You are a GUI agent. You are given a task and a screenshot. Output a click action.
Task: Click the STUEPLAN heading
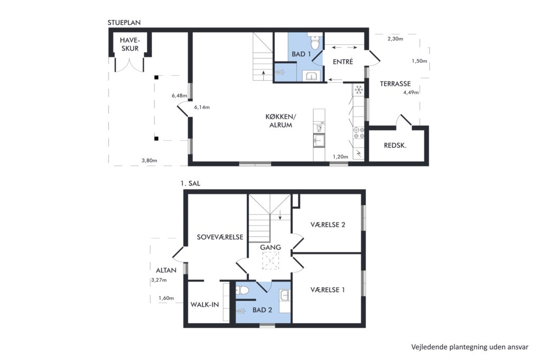pos(124,23)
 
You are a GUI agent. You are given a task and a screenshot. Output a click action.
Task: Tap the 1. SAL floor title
pos(190,183)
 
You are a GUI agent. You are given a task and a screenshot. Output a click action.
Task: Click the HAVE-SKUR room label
pos(130,44)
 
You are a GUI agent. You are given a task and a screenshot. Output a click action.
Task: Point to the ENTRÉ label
pos(343,62)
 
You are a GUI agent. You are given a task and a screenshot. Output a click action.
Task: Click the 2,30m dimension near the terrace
pos(396,39)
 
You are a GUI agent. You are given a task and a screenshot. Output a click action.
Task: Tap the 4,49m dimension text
pos(411,92)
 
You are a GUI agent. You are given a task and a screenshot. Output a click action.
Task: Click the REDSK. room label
pos(395,145)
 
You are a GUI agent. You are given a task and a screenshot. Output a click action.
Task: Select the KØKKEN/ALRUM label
pos(281,121)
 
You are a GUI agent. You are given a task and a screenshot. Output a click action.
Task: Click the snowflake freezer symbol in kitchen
pos(359,90)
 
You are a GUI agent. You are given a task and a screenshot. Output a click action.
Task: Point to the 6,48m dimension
pos(179,96)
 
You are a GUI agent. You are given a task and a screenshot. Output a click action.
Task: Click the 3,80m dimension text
pos(149,160)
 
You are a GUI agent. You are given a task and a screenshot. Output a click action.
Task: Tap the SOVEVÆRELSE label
pos(220,237)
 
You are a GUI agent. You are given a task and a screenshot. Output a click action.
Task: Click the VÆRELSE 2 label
pos(328,225)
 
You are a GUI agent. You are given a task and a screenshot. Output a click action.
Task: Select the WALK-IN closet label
pos(205,305)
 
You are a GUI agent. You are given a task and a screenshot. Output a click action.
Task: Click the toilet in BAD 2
pos(242,290)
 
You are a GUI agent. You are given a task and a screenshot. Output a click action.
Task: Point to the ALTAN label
pos(166,270)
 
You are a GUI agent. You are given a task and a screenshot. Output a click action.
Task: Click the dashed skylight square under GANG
pos(271,260)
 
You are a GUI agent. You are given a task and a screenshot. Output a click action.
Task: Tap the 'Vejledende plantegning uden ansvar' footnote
pos(469,347)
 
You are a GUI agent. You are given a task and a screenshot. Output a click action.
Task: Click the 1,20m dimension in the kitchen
pos(340,157)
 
